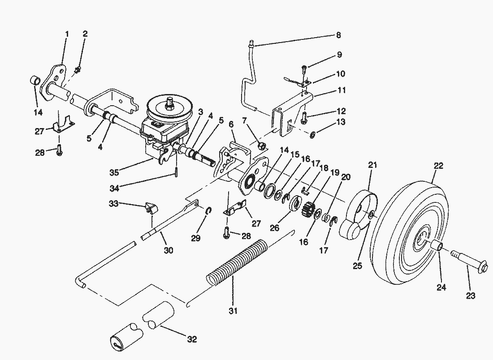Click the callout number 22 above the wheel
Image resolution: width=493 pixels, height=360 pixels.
coord(438,166)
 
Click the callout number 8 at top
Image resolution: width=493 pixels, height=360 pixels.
coord(338,34)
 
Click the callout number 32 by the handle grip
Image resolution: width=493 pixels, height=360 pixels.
coord(192,339)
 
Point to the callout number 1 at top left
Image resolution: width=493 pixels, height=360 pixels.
coord(67,34)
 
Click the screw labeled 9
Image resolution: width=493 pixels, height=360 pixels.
coord(305,69)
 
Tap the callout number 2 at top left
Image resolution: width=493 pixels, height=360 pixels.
coord(85,34)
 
